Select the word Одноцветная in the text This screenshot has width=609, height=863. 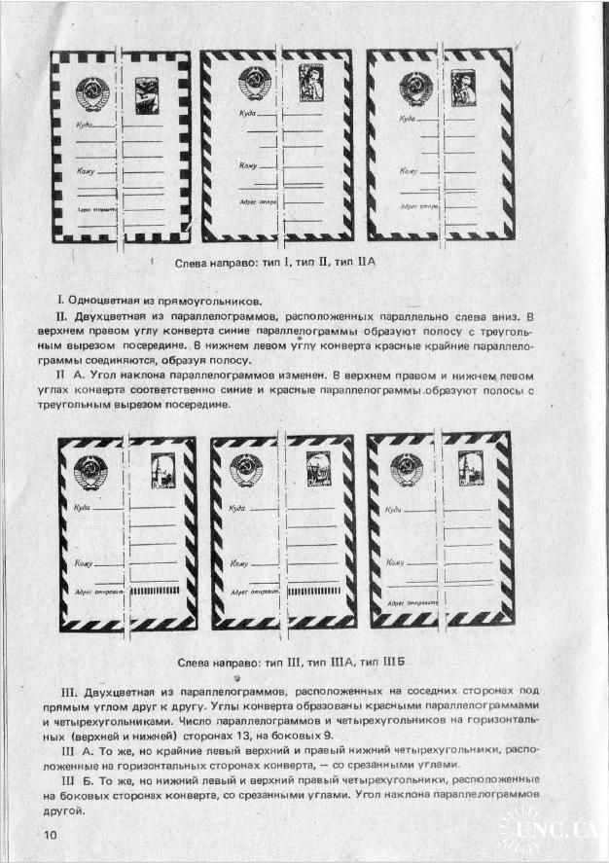pyautogui.click(x=104, y=300)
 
